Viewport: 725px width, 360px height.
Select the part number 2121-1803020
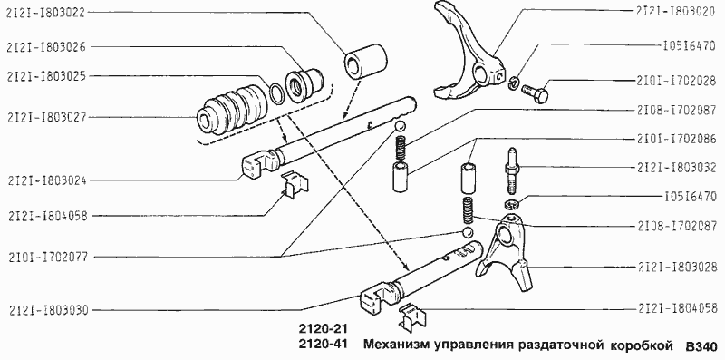pyautogui.click(x=673, y=13)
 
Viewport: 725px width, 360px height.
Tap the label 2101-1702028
pyautogui.click(x=673, y=79)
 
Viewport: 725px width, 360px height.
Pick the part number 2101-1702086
pyautogui.click(x=673, y=140)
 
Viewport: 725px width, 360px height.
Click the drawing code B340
pyautogui.click(x=701, y=346)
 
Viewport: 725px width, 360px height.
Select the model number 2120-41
pyautogui.click(x=324, y=345)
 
